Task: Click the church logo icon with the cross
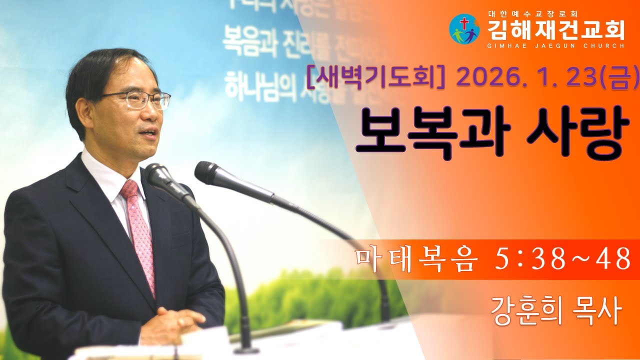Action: click(464, 29)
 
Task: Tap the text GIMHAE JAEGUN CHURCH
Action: click(555, 45)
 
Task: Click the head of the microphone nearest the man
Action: click(159, 175)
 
